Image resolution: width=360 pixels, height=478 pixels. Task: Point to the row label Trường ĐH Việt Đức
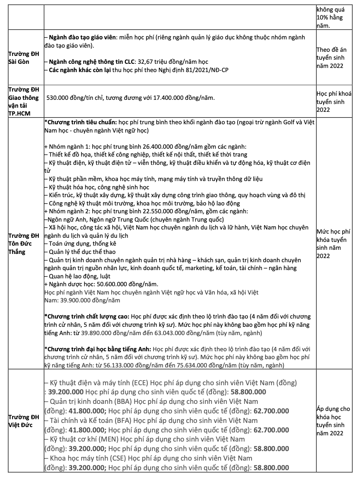click(24, 421)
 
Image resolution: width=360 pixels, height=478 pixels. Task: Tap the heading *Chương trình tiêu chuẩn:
click(81, 123)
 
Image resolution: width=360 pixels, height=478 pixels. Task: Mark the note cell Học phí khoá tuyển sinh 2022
click(334, 101)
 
